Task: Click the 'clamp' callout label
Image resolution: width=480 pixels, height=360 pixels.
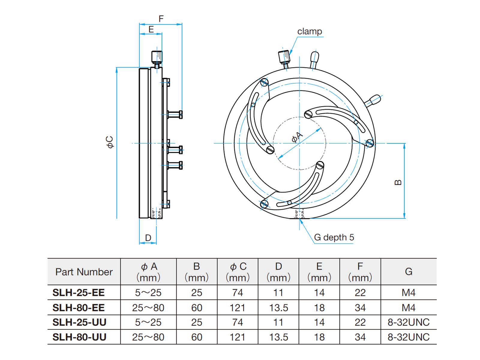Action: click(310, 31)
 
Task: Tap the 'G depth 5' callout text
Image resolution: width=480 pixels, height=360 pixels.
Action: click(334, 237)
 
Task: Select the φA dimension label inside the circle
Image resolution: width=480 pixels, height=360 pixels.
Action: click(297, 138)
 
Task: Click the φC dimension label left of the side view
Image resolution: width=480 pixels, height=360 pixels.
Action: click(110, 142)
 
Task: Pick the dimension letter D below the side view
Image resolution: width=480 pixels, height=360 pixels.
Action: click(148, 238)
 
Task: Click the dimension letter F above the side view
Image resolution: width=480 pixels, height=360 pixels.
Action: click(161, 19)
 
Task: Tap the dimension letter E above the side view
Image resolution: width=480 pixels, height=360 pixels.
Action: click(151, 29)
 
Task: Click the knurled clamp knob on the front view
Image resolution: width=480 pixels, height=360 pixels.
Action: click(284, 56)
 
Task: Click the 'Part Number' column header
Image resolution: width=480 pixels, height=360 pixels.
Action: click(84, 272)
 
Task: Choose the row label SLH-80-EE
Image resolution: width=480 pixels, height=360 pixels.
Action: click(79, 307)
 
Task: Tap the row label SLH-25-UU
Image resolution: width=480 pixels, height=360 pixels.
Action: click(79, 322)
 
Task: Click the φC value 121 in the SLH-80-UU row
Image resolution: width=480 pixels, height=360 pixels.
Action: click(237, 337)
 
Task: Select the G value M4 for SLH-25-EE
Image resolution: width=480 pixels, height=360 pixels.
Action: click(408, 292)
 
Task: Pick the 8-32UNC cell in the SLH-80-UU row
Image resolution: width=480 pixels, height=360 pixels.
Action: click(408, 337)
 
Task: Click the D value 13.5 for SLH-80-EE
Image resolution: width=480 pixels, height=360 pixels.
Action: click(278, 307)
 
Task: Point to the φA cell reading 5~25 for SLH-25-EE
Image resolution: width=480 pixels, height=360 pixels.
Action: click(148, 292)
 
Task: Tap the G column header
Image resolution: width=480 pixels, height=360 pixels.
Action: click(408, 271)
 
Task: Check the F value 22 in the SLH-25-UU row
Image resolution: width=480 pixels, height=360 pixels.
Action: click(360, 322)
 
